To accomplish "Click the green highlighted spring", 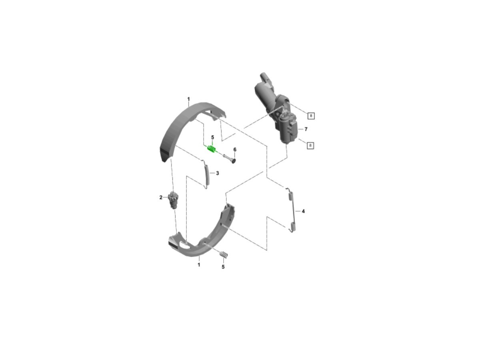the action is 211,149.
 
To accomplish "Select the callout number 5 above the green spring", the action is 212,137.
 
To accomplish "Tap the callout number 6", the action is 235,150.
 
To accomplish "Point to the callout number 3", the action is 217,173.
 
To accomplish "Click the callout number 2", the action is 161,197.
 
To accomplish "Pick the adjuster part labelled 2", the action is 174,200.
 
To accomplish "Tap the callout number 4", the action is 303,211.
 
